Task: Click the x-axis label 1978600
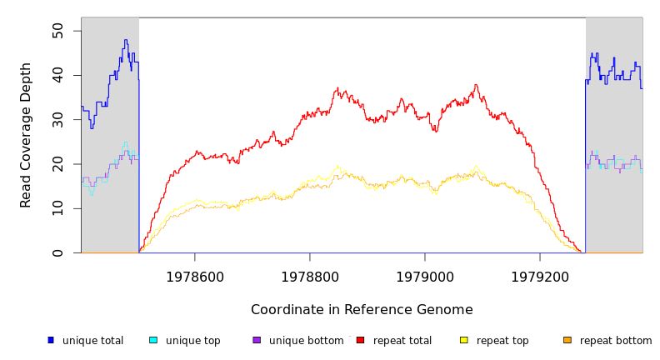pos(195,276)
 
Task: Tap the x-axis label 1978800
pos(310,276)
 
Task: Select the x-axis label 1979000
pos(425,276)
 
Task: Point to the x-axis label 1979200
pos(540,276)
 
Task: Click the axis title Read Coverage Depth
pos(26,135)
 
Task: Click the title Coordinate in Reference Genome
pos(362,310)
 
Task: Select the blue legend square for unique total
pos(50,340)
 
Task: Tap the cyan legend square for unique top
pos(152,340)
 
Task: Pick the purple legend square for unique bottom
pos(257,340)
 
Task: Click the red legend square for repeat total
pos(360,340)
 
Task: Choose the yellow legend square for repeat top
pos(463,340)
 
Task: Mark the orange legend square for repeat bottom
pos(567,340)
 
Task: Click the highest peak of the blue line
pos(126,40)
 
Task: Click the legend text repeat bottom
pos(616,341)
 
